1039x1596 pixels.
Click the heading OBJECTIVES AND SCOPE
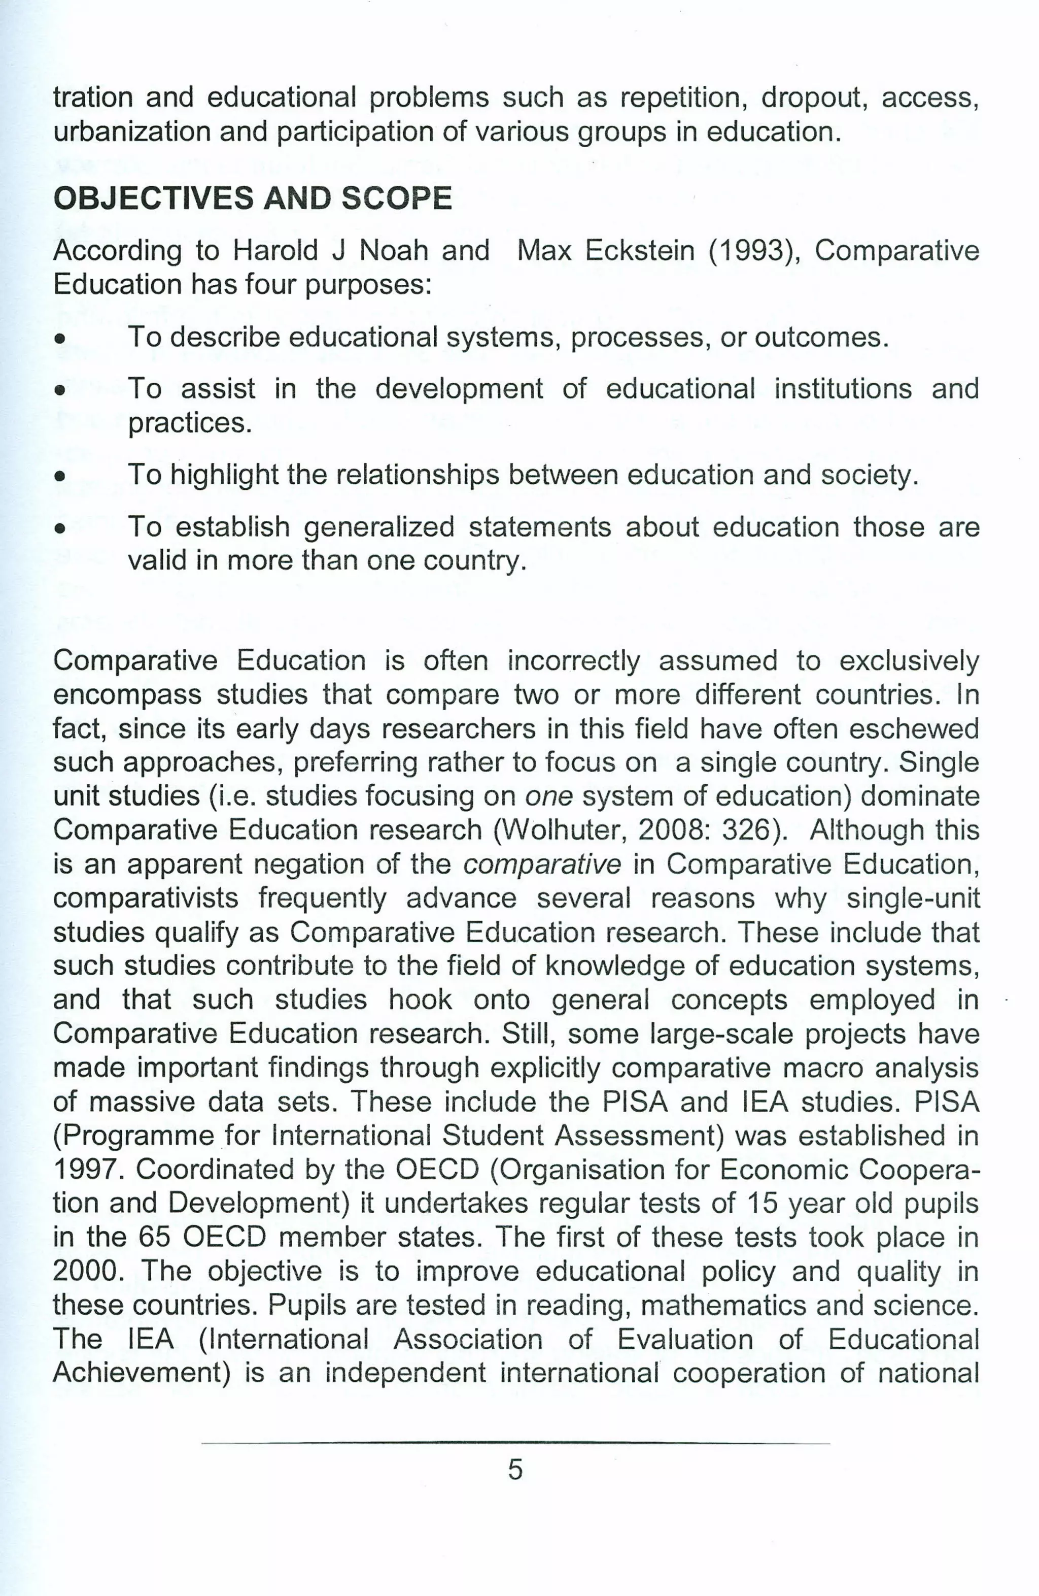click(x=252, y=198)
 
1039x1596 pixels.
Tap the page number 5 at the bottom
click(x=515, y=1469)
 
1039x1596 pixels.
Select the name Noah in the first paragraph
click(x=394, y=251)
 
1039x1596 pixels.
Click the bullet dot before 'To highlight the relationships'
click(x=60, y=477)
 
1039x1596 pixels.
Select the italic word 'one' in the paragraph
click(x=548, y=796)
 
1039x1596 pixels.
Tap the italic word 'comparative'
click(x=542, y=864)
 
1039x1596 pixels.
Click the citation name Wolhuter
click(x=559, y=830)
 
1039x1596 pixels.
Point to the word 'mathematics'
click(x=717, y=1305)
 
